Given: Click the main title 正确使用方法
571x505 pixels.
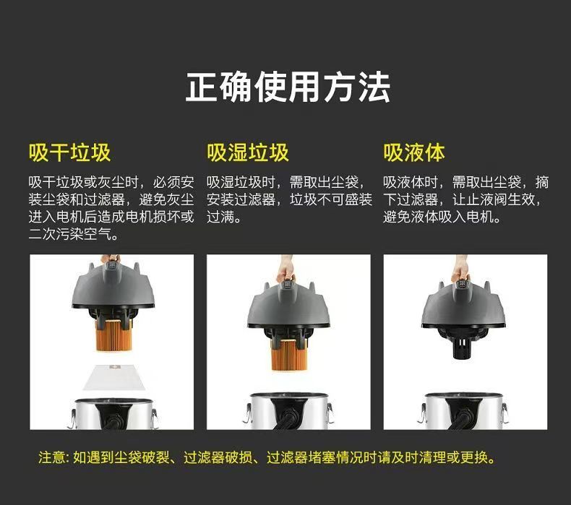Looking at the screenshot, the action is point(288,87).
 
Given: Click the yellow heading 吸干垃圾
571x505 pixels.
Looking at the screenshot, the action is point(69,152).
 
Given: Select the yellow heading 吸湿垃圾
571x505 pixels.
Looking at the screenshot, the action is point(248,152).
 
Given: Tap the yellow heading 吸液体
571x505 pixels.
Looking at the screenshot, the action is point(414,152).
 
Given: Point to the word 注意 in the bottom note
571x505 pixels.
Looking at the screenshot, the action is point(52,457).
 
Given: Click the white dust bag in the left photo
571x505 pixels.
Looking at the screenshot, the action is point(114,377).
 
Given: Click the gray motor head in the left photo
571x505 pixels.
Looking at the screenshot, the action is point(113,288).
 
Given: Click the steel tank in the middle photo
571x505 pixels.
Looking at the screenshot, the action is point(288,411).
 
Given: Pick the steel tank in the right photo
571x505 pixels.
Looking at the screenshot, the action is point(463,411).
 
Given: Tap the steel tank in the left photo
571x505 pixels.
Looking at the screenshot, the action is point(113,414).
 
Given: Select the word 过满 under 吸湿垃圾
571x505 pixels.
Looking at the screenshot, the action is point(220,217).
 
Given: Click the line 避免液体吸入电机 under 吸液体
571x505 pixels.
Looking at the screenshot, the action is point(438,217).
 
